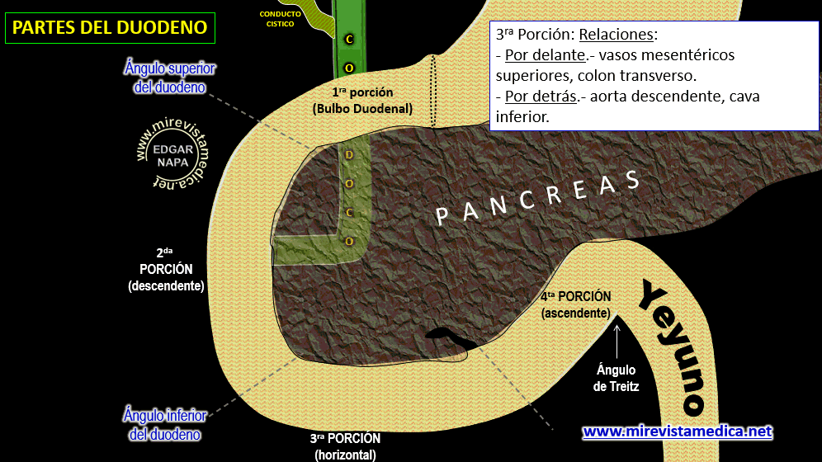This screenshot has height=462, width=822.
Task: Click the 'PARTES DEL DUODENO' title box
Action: pyautogui.click(x=110, y=28)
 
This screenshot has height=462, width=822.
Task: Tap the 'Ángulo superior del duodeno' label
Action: pyautogui.click(x=169, y=77)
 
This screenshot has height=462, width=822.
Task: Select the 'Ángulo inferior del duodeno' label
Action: pyautogui.click(x=165, y=423)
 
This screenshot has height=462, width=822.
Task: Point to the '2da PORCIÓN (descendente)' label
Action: pyautogui.click(x=166, y=270)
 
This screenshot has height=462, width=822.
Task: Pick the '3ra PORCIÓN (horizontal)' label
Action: pyautogui.click(x=346, y=446)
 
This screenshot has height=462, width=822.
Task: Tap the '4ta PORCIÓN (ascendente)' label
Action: pyautogui.click(x=576, y=304)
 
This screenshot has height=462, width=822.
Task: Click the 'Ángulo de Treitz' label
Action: pyautogui.click(x=616, y=378)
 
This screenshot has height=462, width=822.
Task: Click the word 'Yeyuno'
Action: pyautogui.click(x=673, y=346)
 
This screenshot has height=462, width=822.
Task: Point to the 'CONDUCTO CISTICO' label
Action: pyautogui.click(x=280, y=19)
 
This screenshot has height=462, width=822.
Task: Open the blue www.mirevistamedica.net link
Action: pyautogui.click(x=677, y=431)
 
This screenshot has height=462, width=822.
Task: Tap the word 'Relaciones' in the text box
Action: pyautogui.click(x=616, y=35)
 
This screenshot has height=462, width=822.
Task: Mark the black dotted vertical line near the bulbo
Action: pyautogui.click(x=432, y=92)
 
